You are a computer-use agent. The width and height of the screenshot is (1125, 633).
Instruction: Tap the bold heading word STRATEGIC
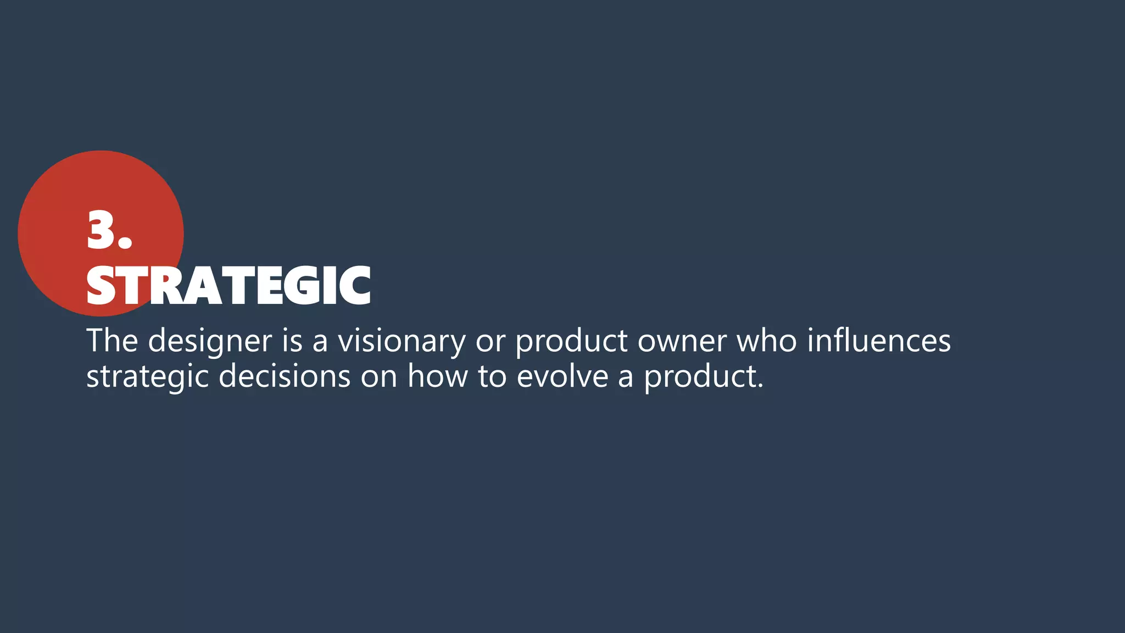(x=229, y=286)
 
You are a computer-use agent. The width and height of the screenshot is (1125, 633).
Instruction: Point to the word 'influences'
(x=879, y=341)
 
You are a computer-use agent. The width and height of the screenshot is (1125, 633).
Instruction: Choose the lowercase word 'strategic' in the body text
(x=147, y=377)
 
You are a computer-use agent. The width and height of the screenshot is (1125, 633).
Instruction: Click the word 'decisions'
(x=285, y=376)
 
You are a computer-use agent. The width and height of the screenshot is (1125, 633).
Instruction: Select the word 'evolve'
(x=562, y=376)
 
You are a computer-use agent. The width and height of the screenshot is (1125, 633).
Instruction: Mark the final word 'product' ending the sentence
(x=703, y=377)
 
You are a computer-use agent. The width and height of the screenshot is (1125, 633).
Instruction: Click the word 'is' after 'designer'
(x=292, y=341)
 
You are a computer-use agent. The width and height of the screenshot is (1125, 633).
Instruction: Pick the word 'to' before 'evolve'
(x=492, y=377)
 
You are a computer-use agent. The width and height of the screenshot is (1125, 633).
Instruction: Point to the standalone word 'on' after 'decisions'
(x=379, y=377)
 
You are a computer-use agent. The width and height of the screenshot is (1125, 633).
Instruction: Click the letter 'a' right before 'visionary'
(x=320, y=342)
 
